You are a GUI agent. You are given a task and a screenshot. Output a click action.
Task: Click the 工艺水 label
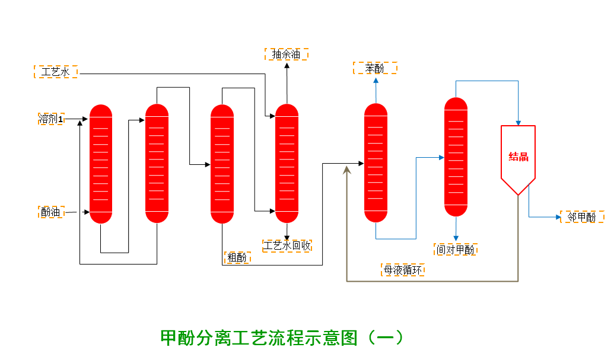coord(56,72)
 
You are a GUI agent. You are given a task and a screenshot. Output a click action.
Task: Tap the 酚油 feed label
coord(51,212)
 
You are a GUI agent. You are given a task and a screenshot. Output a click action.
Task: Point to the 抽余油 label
coord(286,55)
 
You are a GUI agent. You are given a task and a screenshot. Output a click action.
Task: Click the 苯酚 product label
coord(375,68)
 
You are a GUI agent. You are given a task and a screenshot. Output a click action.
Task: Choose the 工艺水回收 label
coord(287,246)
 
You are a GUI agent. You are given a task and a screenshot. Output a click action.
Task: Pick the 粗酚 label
coord(237,257)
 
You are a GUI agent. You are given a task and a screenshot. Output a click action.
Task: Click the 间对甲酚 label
coord(456,250)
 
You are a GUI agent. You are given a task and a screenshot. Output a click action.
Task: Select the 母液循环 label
coord(403,270)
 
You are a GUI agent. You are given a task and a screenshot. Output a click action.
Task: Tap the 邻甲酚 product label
coord(582,217)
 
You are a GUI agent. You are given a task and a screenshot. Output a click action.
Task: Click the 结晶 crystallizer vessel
coord(518,157)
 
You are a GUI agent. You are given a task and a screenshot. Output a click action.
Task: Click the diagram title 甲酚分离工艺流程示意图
coord(282,337)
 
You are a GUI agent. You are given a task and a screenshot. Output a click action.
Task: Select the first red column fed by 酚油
coord(101,164)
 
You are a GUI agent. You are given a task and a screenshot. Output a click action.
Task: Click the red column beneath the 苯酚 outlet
coord(376,163)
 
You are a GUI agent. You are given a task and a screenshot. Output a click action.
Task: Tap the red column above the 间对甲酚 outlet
coord(456,157)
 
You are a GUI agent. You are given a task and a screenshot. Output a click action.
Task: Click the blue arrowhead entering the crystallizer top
coord(518,123)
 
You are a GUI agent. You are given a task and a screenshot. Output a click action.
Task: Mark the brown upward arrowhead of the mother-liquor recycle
coord(347,170)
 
